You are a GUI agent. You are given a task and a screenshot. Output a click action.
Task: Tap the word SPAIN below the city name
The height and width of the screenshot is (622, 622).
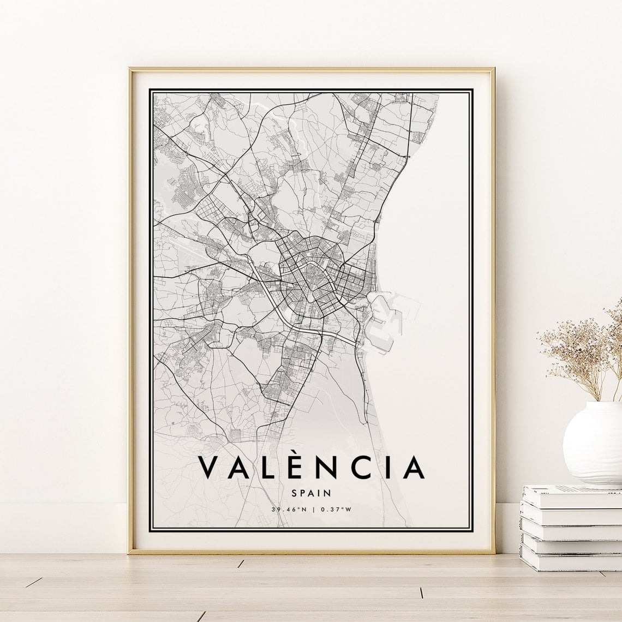312,493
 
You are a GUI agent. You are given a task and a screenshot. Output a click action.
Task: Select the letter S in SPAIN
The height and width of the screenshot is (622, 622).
295,493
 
